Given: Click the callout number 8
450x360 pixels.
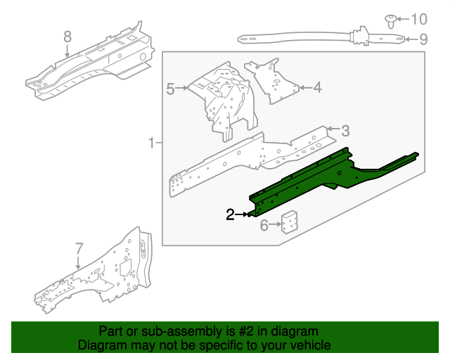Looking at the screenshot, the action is (x=67, y=37).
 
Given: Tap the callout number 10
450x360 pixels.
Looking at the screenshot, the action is (x=419, y=19).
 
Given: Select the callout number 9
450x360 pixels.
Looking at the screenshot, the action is (x=423, y=39).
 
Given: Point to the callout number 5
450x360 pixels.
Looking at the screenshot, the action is (x=170, y=89).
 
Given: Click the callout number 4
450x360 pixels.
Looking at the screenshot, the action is (x=317, y=88).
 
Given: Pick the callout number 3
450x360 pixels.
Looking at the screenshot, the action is (x=345, y=131).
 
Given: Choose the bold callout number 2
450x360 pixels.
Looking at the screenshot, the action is (x=230, y=214).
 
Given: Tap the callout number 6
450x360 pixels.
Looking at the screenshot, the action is (x=264, y=225).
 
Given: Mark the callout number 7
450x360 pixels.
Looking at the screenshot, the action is (x=79, y=249).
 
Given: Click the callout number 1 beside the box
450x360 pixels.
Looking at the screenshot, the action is (x=152, y=143).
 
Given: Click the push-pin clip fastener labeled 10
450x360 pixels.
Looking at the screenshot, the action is (x=391, y=21).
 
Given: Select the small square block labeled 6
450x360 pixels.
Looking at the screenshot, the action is (x=289, y=222).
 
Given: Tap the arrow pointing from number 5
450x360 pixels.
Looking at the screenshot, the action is (x=181, y=88).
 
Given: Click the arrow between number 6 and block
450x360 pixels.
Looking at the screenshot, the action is (x=275, y=224).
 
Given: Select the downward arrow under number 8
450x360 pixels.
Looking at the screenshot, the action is (x=67, y=51).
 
